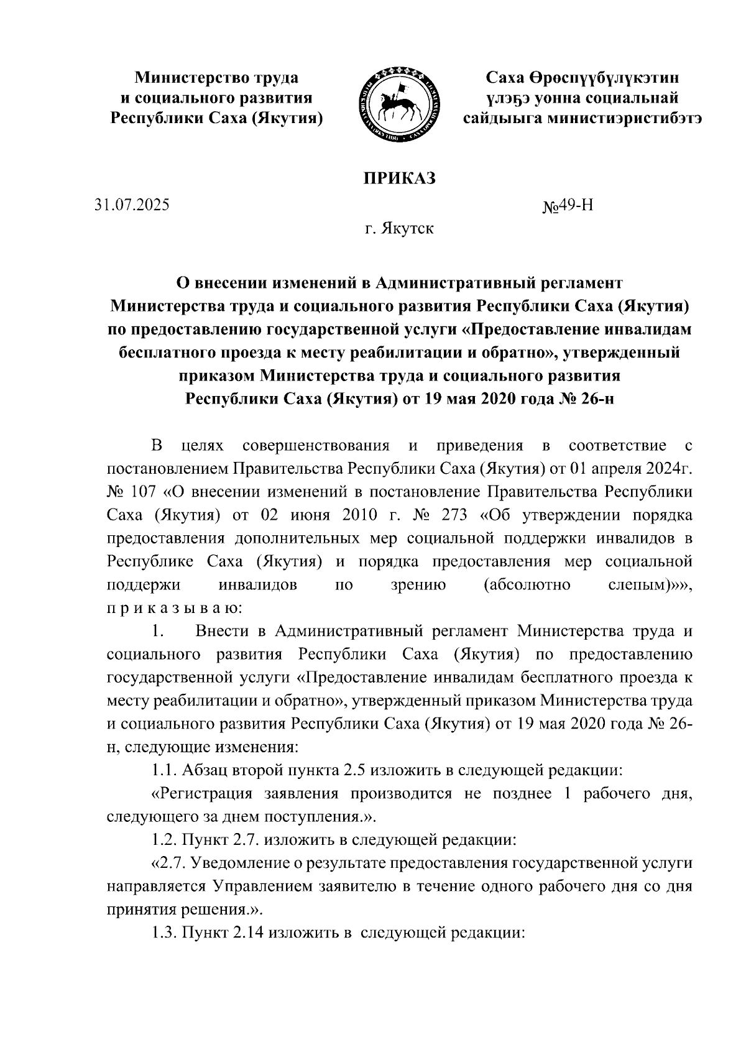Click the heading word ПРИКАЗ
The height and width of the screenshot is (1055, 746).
tap(399, 179)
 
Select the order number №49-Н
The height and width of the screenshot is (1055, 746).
tap(568, 206)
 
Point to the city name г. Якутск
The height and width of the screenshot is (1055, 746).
tap(399, 229)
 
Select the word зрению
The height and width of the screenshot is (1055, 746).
tap(418, 585)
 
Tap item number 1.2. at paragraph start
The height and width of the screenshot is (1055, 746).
tap(164, 841)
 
